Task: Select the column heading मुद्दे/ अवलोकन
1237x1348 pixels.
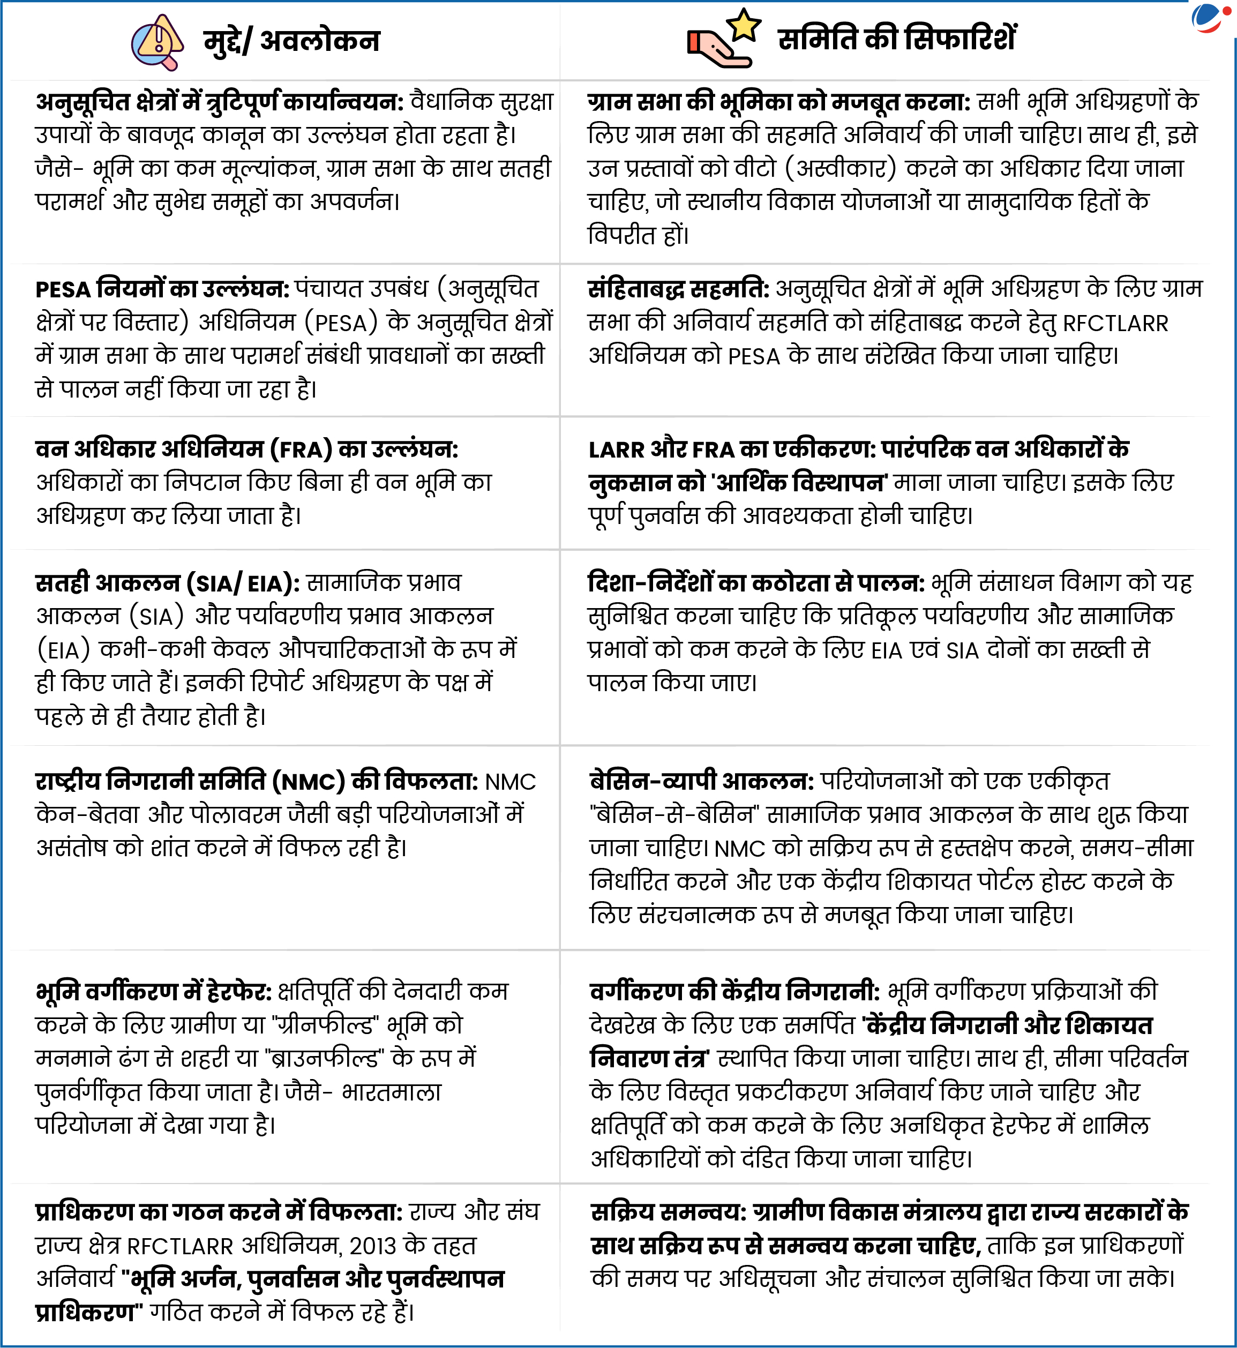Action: (x=291, y=41)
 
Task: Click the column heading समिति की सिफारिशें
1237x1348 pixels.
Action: (x=896, y=39)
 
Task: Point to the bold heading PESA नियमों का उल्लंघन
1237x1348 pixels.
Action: (x=161, y=289)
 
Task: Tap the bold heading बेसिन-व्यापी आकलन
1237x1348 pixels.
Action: (x=701, y=781)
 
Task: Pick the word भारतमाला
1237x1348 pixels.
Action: (x=392, y=1092)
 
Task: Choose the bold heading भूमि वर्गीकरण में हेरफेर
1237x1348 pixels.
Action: (x=153, y=991)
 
